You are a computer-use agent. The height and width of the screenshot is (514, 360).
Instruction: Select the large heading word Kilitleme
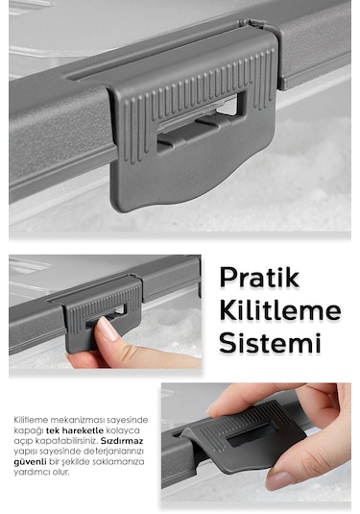(x=280, y=310)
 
